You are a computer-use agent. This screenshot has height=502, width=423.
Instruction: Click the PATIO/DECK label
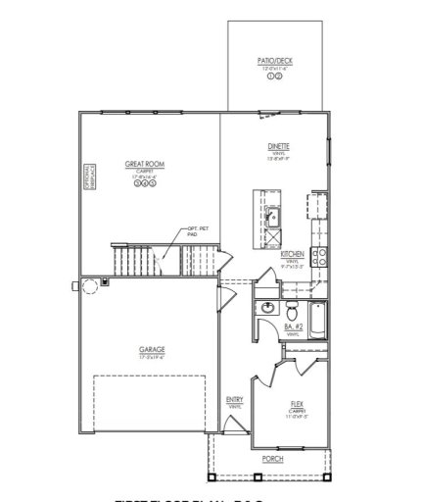(x=274, y=61)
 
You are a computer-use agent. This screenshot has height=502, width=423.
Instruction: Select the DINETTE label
(x=277, y=146)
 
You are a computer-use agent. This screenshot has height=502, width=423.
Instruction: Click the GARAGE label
(x=152, y=349)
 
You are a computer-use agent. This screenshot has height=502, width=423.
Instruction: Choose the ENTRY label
(x=235, y=399)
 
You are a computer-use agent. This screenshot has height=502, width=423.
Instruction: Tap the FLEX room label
(x=297, y=403)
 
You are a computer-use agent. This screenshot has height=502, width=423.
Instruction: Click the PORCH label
(x=271, y=458)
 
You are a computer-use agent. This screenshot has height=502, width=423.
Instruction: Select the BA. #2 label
(x=294, y=326)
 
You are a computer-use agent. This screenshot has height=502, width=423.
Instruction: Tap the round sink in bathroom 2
(x=265, y=310)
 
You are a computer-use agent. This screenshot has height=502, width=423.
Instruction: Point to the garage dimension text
(x=152, y=357)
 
